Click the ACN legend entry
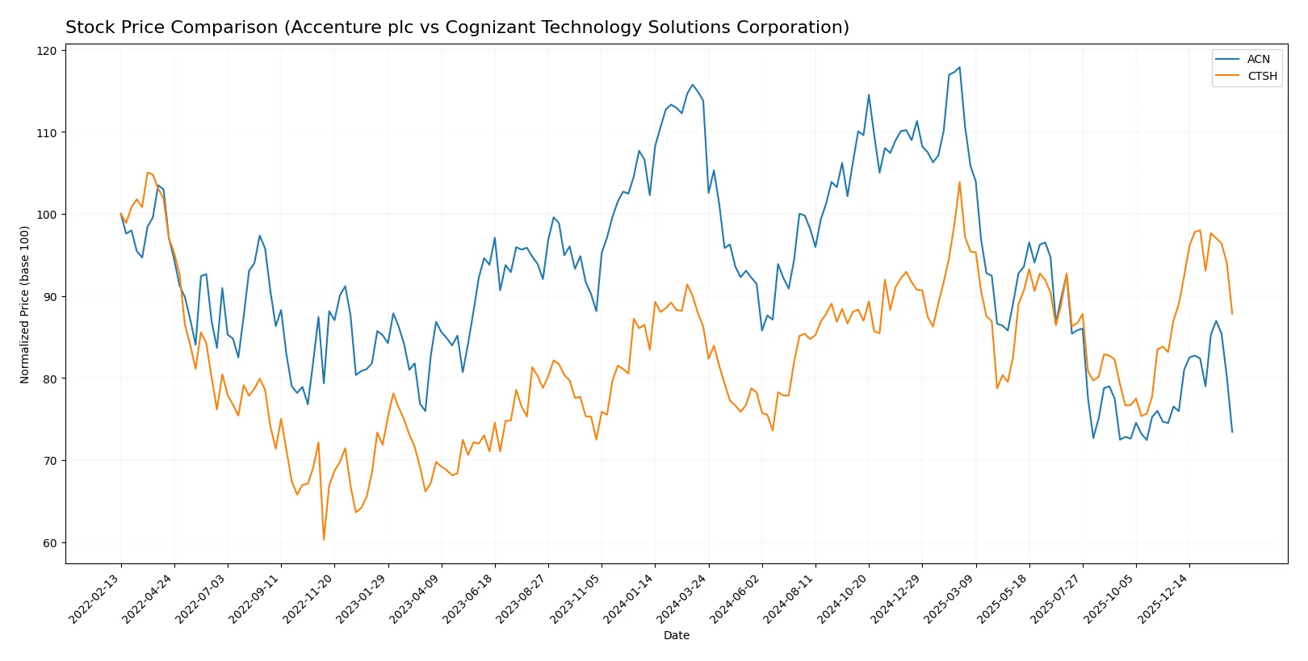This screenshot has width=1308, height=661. [x=1257, y=59]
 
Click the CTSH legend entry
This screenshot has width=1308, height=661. [x=1261, y=76]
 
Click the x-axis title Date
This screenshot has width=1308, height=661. [x=676, y=635]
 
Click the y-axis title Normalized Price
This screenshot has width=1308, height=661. [x=25, y=304]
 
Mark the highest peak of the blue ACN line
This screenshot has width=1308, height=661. [x=959, y=67]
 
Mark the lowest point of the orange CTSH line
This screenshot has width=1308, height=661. [x=324, y=540]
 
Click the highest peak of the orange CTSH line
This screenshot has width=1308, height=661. [x=959, y=182]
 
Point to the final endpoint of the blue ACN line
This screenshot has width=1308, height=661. [x=1232, y=432]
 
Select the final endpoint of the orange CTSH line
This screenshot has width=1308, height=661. [x=1232, y=313]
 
